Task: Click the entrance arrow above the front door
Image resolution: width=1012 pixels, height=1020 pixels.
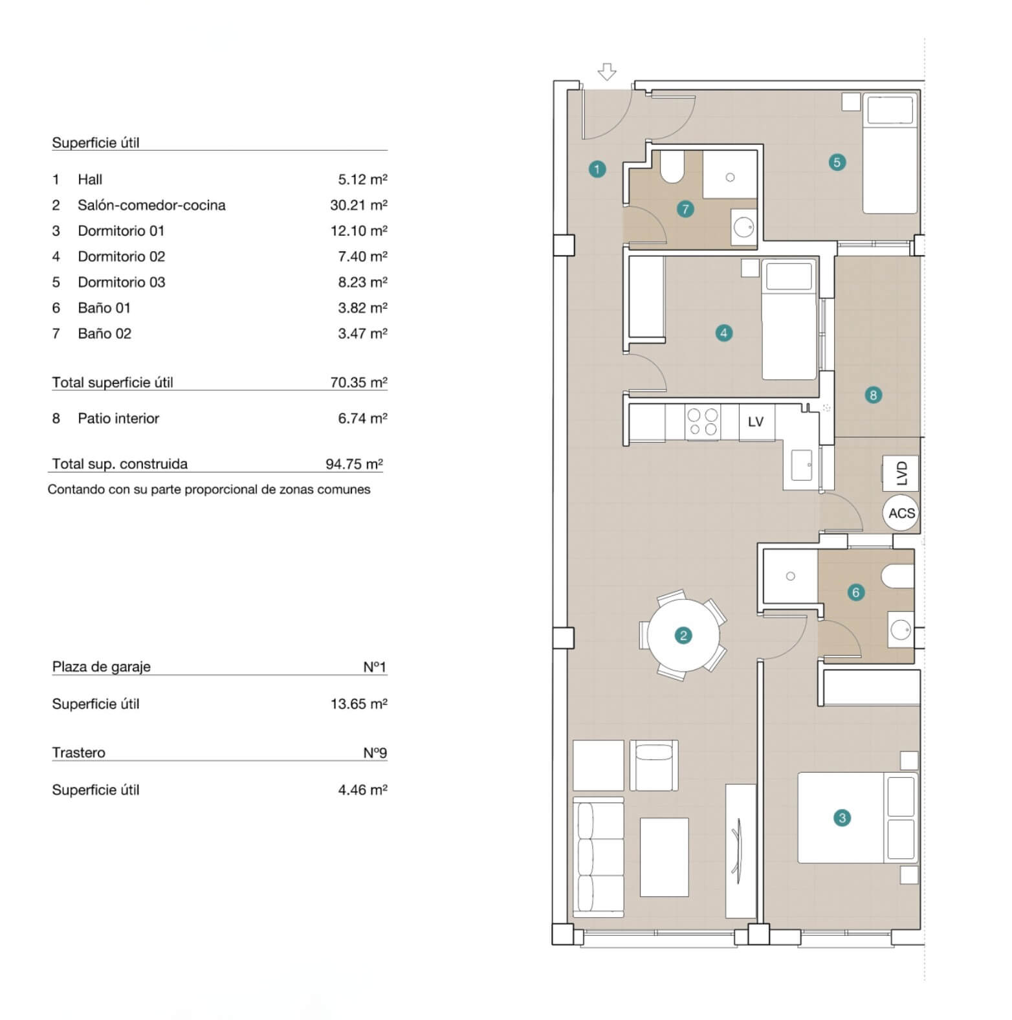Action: point(606,71)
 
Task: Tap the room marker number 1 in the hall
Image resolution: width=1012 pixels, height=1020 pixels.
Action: point(597,170)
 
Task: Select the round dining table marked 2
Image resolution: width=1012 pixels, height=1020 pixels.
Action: point(683,635)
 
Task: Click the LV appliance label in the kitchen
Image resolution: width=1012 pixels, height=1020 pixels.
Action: point(756,422)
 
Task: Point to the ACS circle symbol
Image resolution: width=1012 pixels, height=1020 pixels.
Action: point(901,513)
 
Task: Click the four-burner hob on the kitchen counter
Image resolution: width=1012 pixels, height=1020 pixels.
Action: point(703,421)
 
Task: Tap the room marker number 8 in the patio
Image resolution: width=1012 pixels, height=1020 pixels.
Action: point(873,395)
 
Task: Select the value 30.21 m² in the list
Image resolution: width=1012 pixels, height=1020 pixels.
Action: point(358,205)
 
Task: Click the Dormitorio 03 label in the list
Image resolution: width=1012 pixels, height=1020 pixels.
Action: point(122,282)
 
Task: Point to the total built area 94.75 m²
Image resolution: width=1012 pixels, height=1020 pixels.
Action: point(354,464)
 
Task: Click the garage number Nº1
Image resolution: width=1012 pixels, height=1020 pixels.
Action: point(375,667)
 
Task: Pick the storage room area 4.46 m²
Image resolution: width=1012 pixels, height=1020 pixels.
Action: point(362,790)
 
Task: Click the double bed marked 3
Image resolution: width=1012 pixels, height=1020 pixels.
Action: point(858,817)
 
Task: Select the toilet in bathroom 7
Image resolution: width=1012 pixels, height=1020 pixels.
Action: point(672,167)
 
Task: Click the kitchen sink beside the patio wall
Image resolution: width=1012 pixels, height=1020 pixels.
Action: point(801,465)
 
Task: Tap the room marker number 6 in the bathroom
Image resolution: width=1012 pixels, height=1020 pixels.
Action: point(855,592)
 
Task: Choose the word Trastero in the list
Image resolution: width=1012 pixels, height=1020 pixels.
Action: point(78,753)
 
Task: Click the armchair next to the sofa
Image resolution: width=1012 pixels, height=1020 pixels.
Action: point(654,766)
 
